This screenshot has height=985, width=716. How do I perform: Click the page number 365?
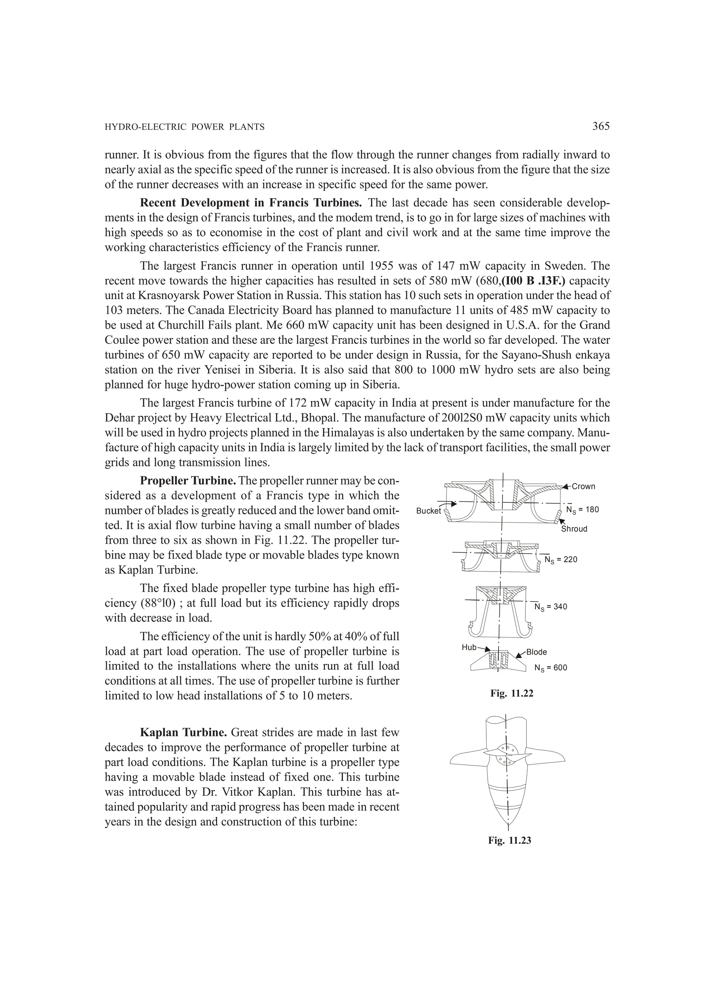coord(601,127)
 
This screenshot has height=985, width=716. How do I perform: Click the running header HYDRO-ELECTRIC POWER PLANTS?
coord(185,127)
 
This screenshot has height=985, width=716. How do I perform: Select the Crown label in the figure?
coord(583,487)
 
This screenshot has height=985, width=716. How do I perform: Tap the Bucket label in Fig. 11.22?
coord(428,511)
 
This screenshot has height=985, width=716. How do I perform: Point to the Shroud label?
coord(574,529)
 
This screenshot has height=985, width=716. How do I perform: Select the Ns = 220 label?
coord(561,560)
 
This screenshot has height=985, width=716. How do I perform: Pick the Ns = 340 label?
coord(551,607)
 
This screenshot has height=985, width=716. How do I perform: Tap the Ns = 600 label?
coord(551,668)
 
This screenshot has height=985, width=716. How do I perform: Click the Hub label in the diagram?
coord(469,647)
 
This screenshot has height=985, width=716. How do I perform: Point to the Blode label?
coord(536,652)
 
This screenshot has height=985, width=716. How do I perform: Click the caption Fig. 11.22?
coord(511,693)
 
